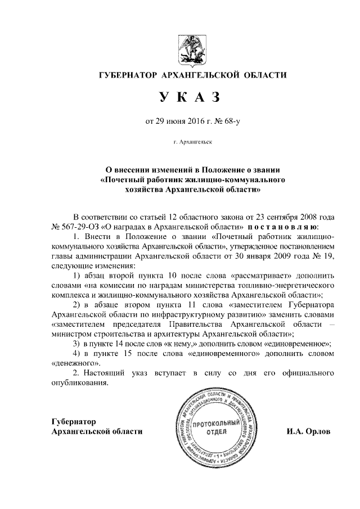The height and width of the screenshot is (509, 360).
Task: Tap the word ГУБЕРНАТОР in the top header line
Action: (127, 75)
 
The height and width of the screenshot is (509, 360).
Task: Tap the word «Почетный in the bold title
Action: (124, 179)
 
